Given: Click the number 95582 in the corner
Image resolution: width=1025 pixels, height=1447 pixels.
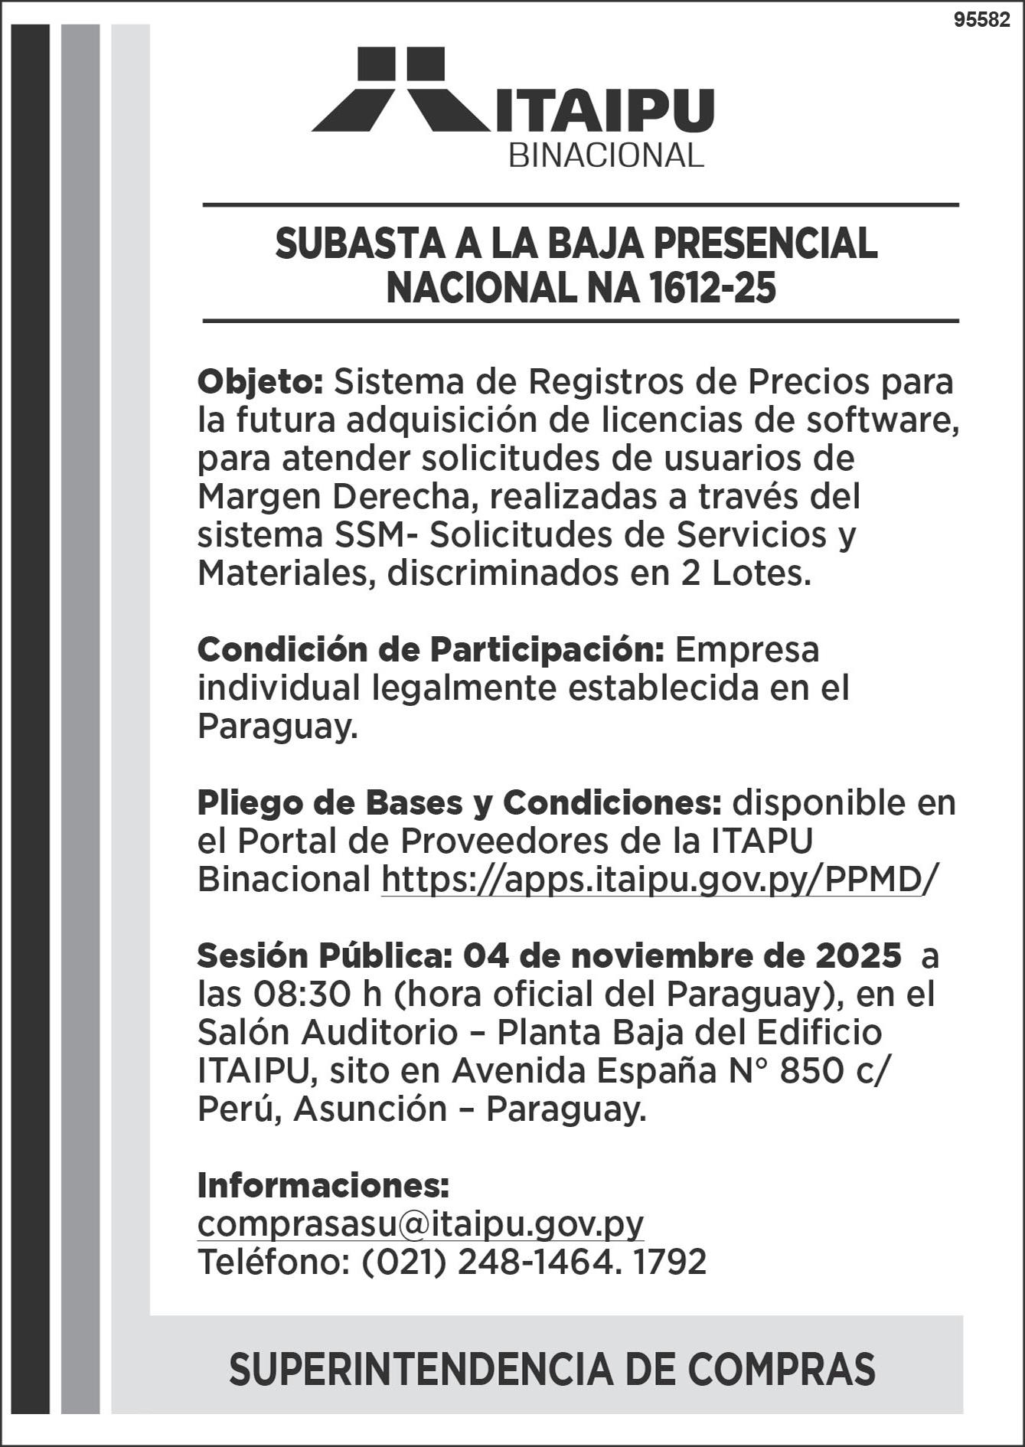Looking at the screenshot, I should pyautogui.click(x=982, y=21).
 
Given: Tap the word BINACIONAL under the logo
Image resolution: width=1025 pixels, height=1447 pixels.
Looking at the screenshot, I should pyautogui.click(x=606, y=156).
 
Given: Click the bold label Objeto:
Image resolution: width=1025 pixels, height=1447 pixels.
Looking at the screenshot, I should pyautogui.click(x=261, y=381).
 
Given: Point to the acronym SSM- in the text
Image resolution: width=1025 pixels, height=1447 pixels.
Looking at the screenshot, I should pyautogui.click(x=377, y=534).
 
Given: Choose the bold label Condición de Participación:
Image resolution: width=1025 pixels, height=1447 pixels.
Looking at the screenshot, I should pyautogui.click(x=429, y=649).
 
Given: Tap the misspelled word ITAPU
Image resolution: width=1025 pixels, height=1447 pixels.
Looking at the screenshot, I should pyautogui.click(x=761, y=841).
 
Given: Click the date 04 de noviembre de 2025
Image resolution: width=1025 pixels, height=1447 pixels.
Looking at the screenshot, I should pyautogui.click(x=682, y=955).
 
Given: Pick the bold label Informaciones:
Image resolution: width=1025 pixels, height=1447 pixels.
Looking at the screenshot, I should pyautogui.click(x=323, y=1185).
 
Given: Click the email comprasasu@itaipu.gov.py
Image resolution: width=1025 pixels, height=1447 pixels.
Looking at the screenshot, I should pyautogui.click(x=420, y=1223).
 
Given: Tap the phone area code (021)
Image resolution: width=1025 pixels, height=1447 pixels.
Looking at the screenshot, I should pyautogui.click(x=403, y=1262).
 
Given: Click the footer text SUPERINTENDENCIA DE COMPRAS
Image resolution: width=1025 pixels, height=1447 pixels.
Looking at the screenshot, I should pyautogui.click(x=551, y=1370).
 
